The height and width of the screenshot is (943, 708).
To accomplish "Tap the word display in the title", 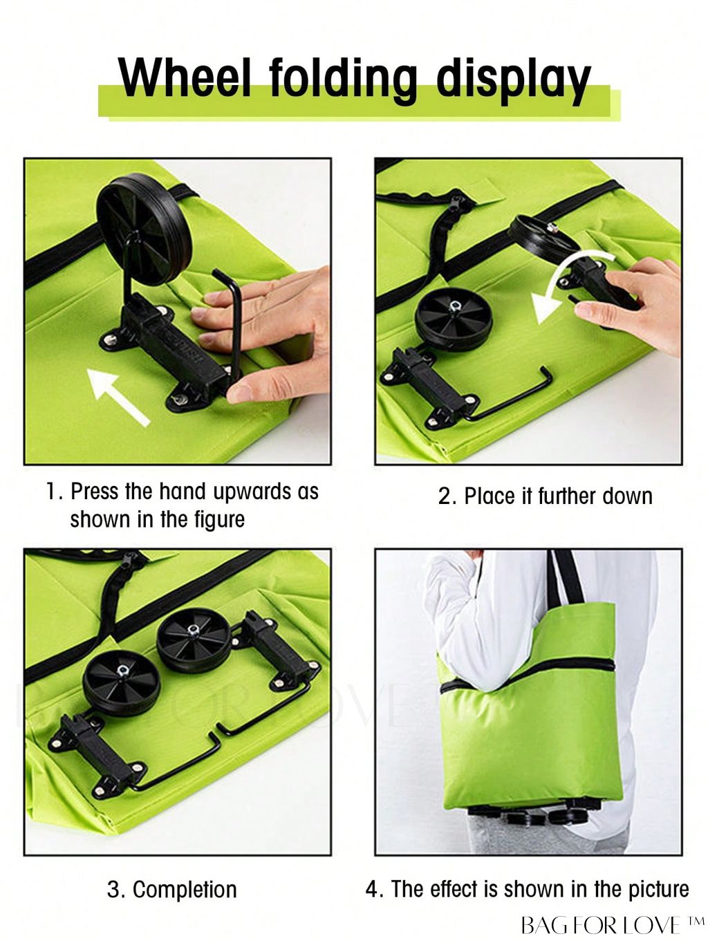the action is click(x=514, y=82).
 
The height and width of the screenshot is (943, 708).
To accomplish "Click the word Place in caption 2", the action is click(x=490, y=496).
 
